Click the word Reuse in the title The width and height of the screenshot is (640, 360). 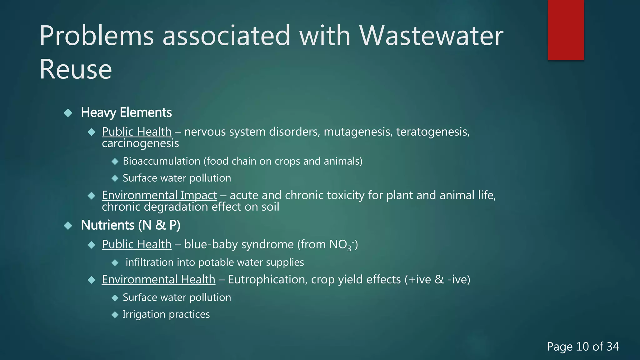[76, 69]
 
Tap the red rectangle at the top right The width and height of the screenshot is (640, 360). [566, 30]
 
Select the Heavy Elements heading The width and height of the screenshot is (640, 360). [126, 112]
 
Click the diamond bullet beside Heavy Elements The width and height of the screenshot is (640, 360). [68, 112]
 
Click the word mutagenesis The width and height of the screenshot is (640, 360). [357, 132]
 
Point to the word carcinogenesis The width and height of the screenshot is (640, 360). [140, 143]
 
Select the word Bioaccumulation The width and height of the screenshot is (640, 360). [161, 161]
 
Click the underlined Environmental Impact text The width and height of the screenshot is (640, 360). [159, 195]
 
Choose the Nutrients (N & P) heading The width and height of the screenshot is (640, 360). [131, 225]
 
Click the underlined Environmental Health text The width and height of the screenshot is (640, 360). [158, 279]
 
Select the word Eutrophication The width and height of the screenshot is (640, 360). [267, 279]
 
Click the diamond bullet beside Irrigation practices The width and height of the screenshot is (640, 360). [115, 314]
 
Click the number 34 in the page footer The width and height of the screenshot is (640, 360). [612, 347]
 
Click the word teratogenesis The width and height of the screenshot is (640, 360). [432, 132]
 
